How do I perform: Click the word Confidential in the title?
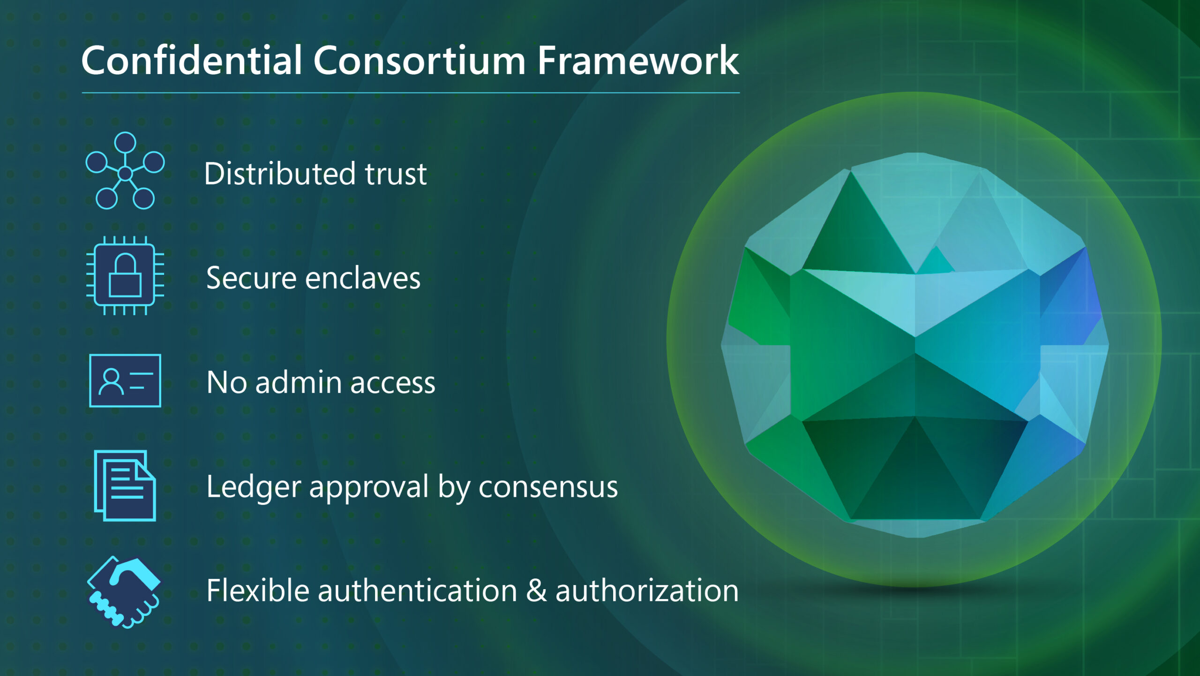click(x=191, y=61)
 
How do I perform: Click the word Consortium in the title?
click(x=419, y=61)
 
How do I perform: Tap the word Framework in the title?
click(x=637, y=61)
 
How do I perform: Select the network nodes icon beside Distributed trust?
click(x=125, y=171)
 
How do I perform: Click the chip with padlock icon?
click(x=125, y=276)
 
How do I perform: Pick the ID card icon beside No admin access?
click(x=125, y=380)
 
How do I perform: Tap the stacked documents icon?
click(x=125, y=486)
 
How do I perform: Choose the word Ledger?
click(x=253, y=488)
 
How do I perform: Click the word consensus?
click(x=548, y=488)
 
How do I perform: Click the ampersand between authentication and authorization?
click(x=536, y=591)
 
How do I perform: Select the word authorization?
click(x=647, y=591)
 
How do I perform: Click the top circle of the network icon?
click(x=125, y=142)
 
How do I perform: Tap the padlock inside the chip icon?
click(x=125, y=277)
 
